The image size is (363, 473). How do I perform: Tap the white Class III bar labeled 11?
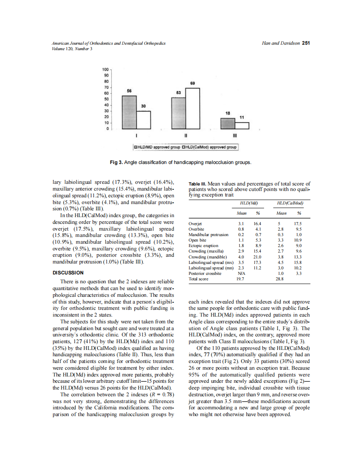tap(242, 125)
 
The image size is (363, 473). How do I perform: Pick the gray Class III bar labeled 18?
tap(228, 123)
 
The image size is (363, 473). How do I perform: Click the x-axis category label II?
tap(186, 136)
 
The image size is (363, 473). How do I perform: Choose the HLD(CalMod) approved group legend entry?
tap(209, 147)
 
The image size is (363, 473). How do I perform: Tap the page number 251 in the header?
tap(306, 43)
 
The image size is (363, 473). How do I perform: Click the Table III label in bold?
tap(200, 184)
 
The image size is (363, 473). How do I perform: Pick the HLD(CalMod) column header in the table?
tap(291, 203)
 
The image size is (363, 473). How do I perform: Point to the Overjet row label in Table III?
tap(196, 224)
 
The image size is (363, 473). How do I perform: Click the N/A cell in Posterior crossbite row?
tap(242, 273)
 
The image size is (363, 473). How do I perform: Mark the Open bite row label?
tap(198, 240)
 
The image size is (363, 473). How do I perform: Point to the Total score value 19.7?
tap(242, 279)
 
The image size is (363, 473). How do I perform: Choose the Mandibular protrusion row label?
tap(208, 235)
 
